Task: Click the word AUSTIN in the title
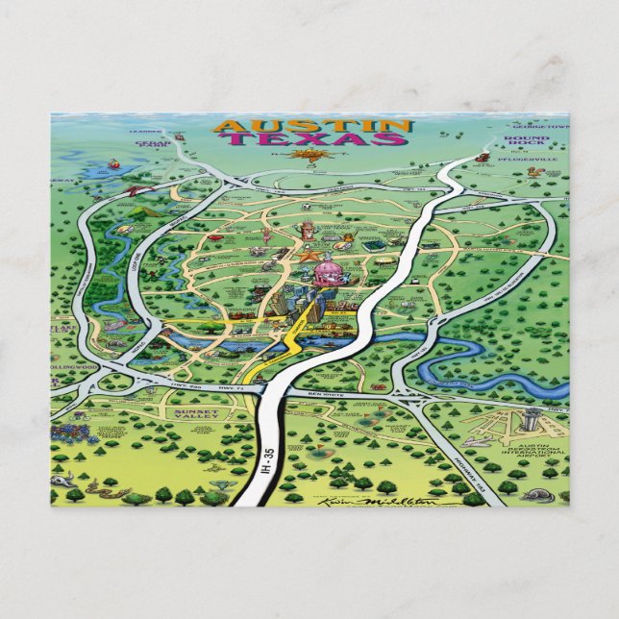[312, 126]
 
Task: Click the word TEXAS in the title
[312, 140]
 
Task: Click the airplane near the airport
[478, 441]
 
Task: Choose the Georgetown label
[541, 126]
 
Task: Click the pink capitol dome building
[324, 272]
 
